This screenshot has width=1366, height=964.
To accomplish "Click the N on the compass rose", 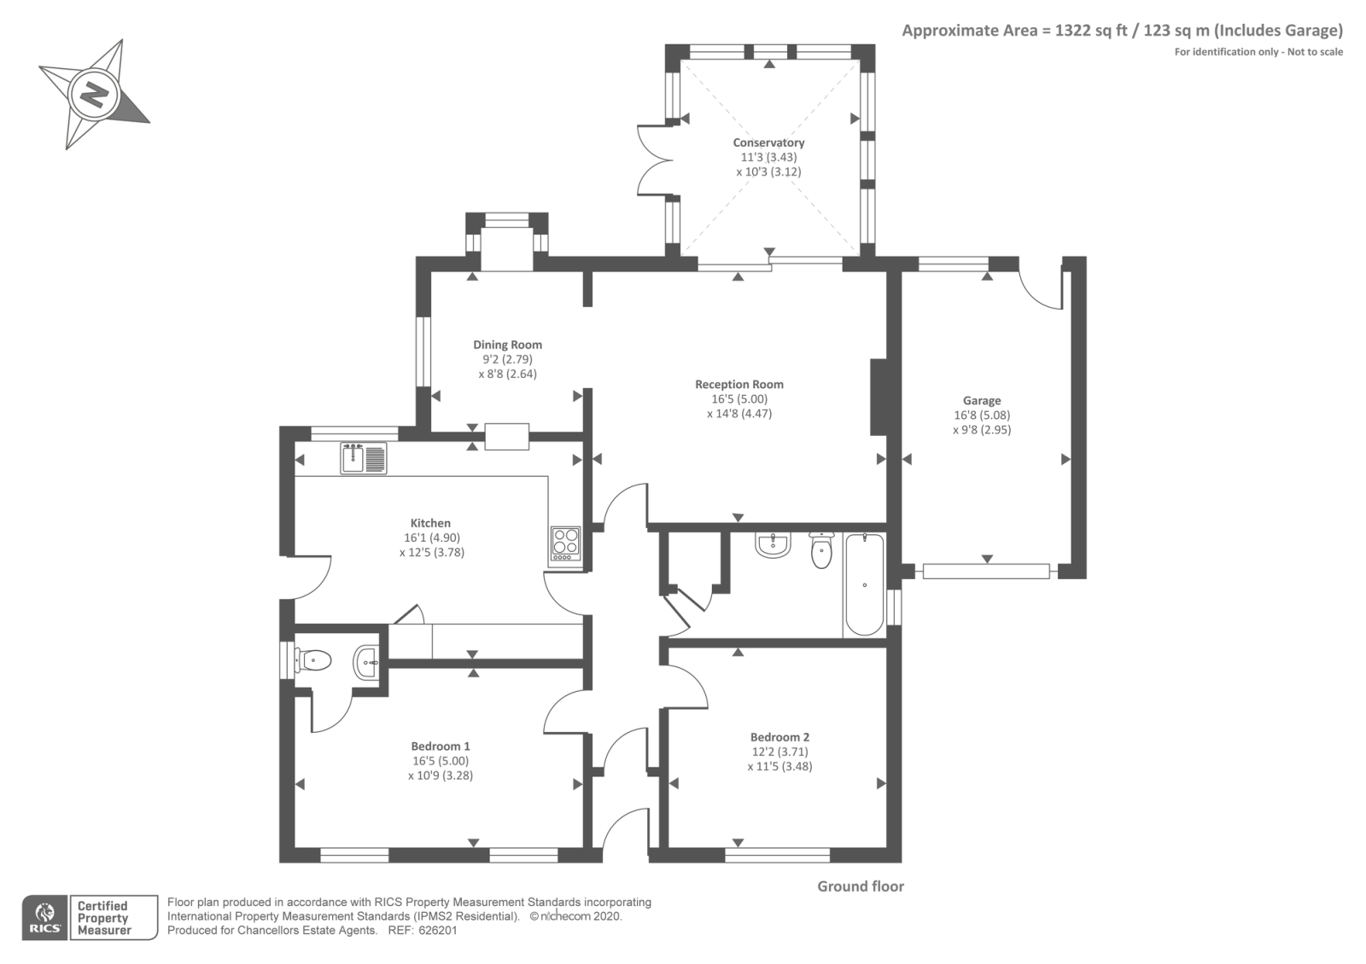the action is pyautogui.click(x=93, y=95).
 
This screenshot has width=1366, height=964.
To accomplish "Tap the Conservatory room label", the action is pyautogui.click(x=768, y=142).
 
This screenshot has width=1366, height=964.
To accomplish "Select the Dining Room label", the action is pyautogui.click(x=507, y=345).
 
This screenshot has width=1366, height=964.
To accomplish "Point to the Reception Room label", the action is pyautogui.click(x=739, y=385).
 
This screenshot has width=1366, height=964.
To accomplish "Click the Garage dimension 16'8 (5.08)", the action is pyautogui.click(x=982, y=415).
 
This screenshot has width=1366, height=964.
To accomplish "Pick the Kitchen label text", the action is pyautogui.click(x=430, y=523).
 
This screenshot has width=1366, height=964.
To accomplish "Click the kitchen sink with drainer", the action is pyautogui.click(x=364, y=458).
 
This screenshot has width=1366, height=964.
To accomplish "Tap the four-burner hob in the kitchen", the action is pyautogui.click(x=565, y=544).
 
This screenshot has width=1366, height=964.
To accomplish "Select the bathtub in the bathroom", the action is pyautogui.click(x=865, y=584).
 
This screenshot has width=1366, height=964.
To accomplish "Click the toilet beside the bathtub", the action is pyautogui.click(x=821, y=550).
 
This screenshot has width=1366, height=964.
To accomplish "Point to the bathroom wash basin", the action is pyautogui.click(x=773, y=545).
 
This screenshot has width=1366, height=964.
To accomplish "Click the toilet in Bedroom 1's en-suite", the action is pyautogui.click(x=312, y=660).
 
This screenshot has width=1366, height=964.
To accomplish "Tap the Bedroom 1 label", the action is pyautogui.click(x=441, y=746).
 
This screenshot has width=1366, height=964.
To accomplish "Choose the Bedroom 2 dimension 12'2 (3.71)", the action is pyautogui.click(x=780, y=752).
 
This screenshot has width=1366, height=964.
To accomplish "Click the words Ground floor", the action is pyautogui.click(x=861, y=886).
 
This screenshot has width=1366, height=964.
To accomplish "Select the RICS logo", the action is pyautogui.click(x=45, y=918).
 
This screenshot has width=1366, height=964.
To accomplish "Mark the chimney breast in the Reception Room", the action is pyautogui.click(x=879, y=398).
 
